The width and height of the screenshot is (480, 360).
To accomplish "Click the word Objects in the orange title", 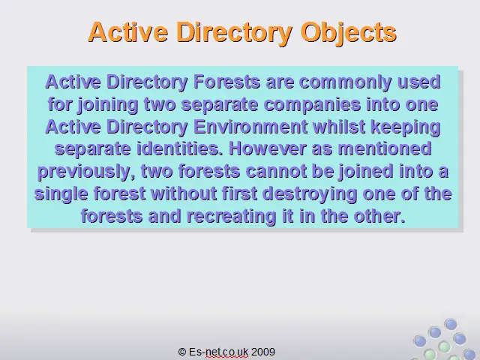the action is pos(348,33).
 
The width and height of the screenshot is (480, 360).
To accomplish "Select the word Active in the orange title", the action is pos(128,31).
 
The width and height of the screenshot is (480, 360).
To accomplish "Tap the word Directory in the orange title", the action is pos(234,33).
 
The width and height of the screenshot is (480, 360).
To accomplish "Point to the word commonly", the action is pos(345,82).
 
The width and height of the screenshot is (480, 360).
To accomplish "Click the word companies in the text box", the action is pos(312,105).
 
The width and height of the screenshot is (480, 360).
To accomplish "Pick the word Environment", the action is pos(250,127).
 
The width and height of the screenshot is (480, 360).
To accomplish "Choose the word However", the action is pos(268,148).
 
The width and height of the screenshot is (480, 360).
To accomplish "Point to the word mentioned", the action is pos(385,148).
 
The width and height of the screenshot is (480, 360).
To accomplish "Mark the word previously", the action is pos(86,172).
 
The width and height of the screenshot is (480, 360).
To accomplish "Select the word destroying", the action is pos(310,194).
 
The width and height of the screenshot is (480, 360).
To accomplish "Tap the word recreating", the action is pos(231,217).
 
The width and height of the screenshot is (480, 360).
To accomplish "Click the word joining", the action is pos(108,105).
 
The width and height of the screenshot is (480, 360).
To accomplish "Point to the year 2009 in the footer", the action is pos(263,352).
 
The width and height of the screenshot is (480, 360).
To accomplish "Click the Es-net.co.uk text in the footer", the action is pos(218,352).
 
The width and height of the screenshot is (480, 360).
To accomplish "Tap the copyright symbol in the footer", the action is pos(182,352).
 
